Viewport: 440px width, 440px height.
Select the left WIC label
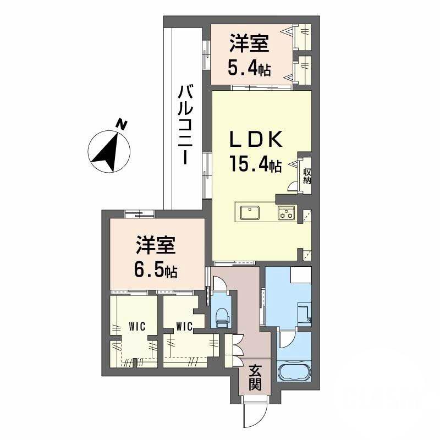click(136, 326)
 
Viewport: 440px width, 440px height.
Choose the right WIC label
click(184, 327)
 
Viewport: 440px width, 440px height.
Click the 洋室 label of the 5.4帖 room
click(249, 43)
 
